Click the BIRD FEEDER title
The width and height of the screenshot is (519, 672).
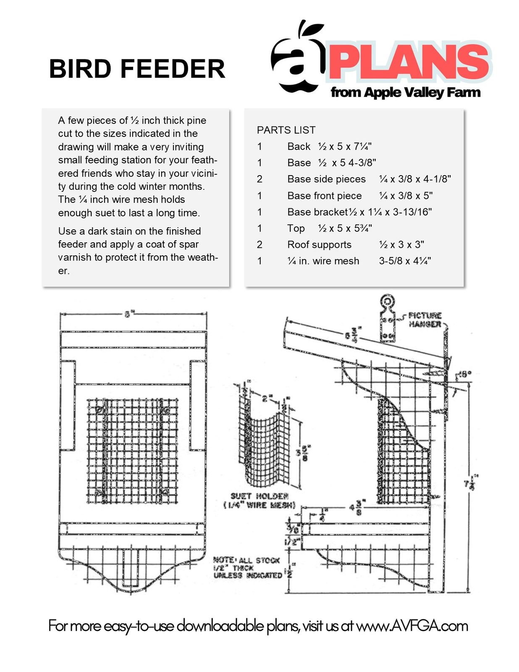137,69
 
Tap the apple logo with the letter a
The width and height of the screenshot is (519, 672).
298,59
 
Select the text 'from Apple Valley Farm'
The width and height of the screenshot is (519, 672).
405,92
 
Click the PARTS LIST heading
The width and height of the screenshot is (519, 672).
286,130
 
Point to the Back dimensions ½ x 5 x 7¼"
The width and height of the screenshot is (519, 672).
344,147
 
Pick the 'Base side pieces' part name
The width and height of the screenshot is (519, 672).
326,179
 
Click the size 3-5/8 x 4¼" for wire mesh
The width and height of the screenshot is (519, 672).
405,261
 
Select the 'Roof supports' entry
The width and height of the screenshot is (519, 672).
319,245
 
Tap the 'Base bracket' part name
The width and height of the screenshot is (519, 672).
317,212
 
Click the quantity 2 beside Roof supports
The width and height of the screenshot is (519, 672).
259,245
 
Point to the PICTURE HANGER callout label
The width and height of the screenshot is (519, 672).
425,320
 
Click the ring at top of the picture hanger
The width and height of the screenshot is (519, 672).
387,301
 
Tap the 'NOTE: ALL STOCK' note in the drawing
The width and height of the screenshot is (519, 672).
246,560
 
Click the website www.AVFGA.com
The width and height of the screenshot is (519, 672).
412,626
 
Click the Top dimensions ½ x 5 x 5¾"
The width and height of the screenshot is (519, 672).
344,228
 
